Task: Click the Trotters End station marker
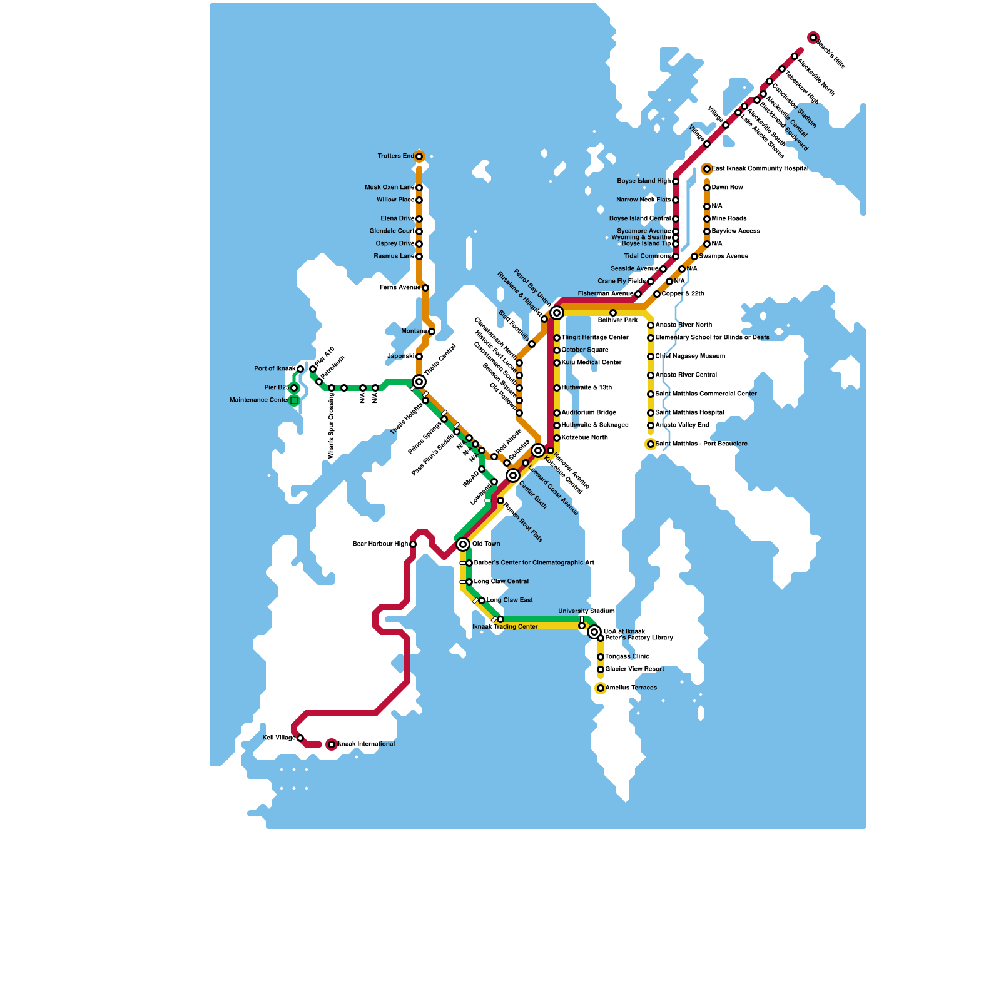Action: point(419,156)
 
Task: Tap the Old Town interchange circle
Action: point(463,544)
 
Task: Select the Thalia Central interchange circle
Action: point(419,382)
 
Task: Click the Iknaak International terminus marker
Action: point(332,744)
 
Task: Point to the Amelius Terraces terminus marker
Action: point(601,688)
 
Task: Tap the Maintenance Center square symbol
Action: point(294,400)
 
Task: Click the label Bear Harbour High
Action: point(380,544)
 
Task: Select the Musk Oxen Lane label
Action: point(389,188)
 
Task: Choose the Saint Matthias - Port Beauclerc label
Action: point(701,444)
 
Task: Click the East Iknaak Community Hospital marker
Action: point(707,169)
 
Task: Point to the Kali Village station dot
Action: point(300,738)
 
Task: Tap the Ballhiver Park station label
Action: point(617,320)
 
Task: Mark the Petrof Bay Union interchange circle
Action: point(557,313)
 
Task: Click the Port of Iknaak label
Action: point(275,369)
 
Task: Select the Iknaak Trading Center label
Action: point(505,627)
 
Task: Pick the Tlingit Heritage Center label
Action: point(595,338)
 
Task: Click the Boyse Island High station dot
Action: point(676,181)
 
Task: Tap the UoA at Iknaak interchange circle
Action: point(594,632)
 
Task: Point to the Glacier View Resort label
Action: point(634,669)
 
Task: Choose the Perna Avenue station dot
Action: point(425,288)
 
